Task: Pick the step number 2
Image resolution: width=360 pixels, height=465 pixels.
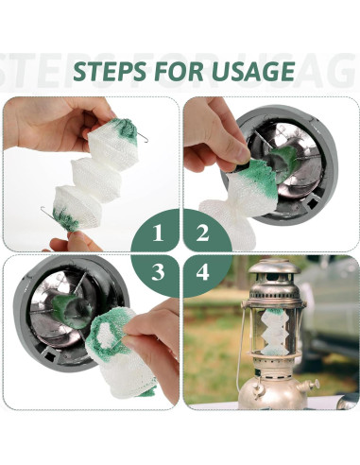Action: click(x=201, y=232)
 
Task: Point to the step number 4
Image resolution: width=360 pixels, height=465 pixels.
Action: click(x=201, y=273)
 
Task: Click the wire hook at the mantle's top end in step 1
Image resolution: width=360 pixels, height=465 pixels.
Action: click(x=142, y=138)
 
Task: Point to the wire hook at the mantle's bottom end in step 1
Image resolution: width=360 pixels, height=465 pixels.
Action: click(x=44, y=212)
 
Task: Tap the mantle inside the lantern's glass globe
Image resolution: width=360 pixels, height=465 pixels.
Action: click(x=273, y=336)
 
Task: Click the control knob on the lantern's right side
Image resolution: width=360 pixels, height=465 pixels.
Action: click(x=309, y=386)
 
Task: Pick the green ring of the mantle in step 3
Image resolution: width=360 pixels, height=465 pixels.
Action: click(x=107, y=327)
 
